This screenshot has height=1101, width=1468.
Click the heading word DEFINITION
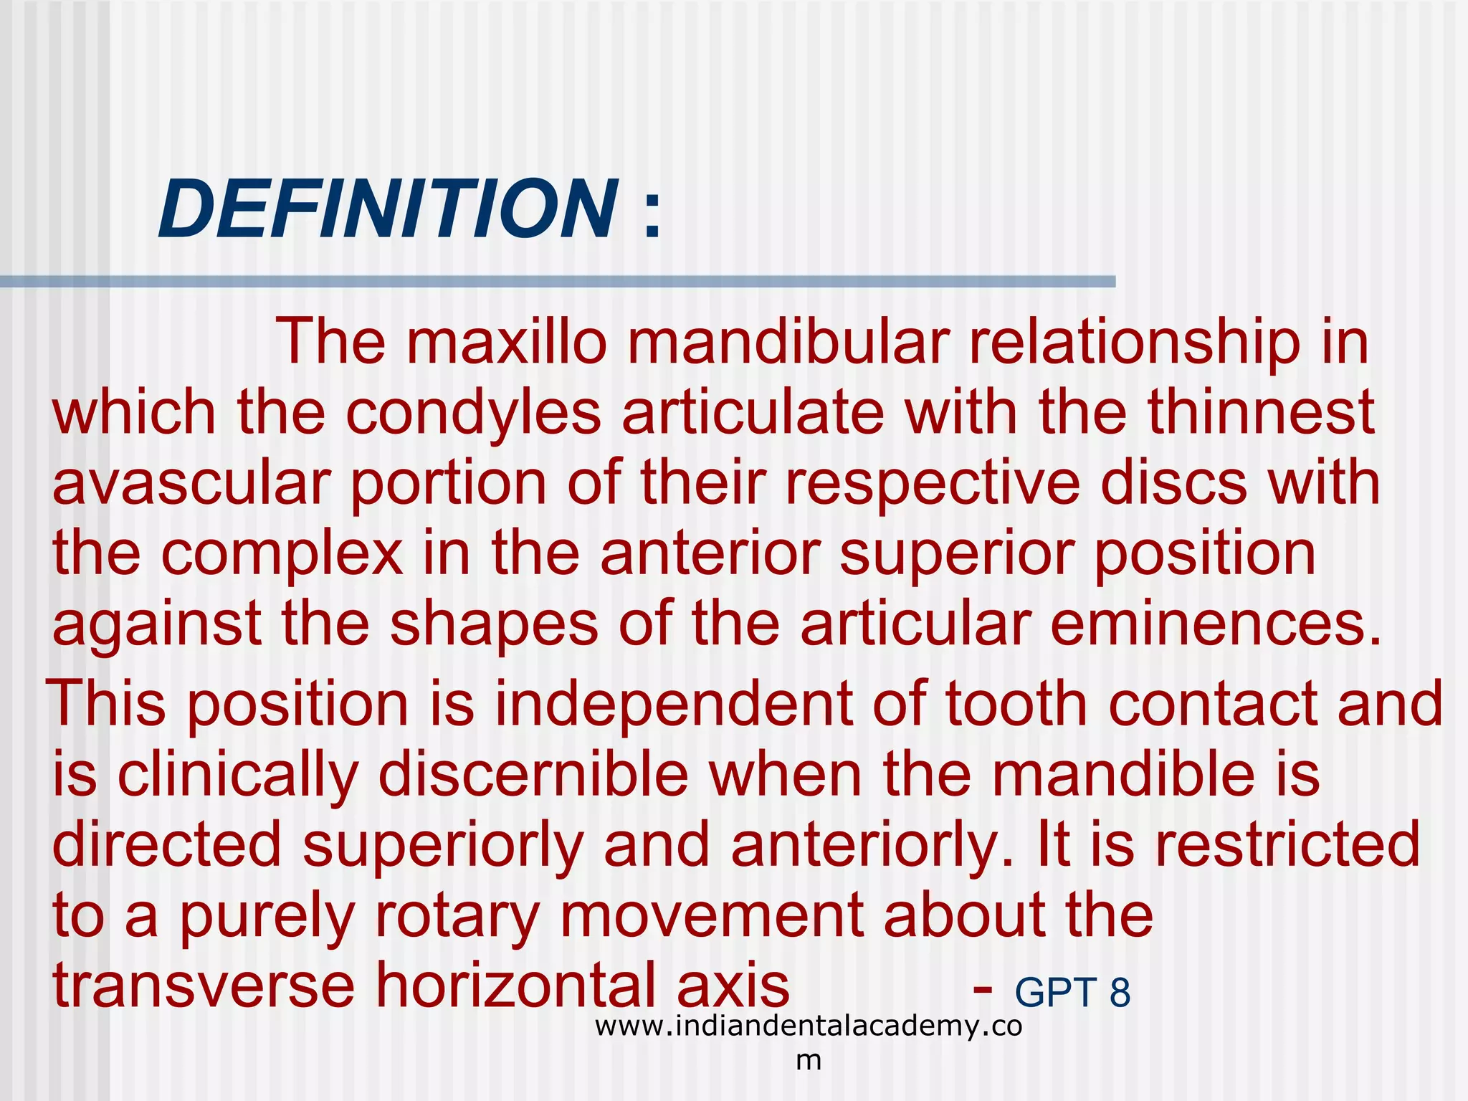click(388, 209)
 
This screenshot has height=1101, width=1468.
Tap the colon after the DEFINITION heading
click(652, 215)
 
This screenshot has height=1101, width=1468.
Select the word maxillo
click(507, 342)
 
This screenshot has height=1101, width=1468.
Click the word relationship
click(1134, 342)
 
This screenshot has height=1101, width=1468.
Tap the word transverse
click(204, 985)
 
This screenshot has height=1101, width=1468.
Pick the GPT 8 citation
click(1072, 993)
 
